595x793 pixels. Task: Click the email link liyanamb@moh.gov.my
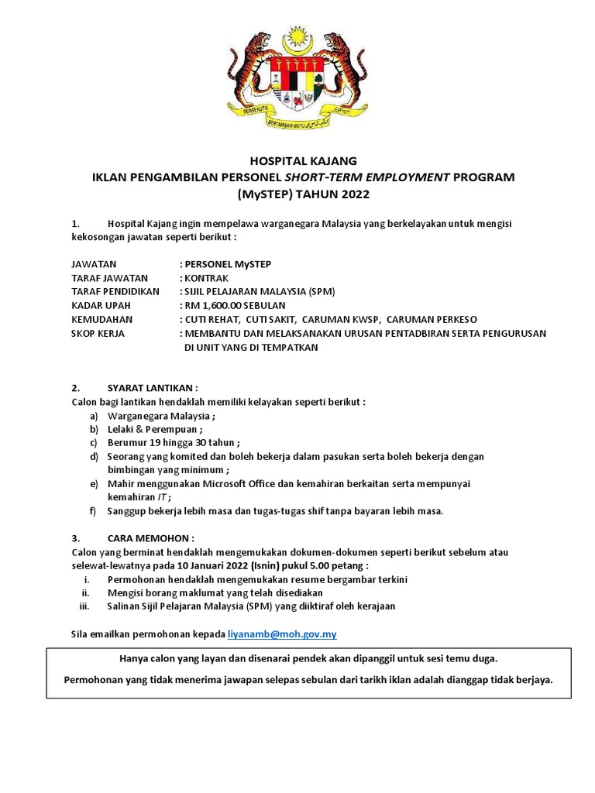(x=282, y=634)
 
